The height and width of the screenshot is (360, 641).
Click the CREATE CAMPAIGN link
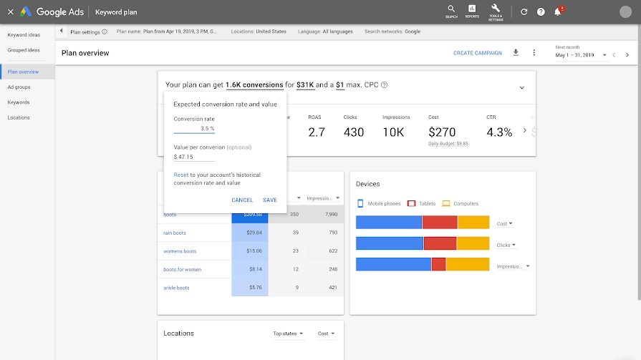pyautogui.click(x=478, y=53)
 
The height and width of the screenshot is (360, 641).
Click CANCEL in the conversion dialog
pyautogui.click(x=242, y=200)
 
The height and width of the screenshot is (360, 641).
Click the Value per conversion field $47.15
pyautogui.click(x=193, y=157)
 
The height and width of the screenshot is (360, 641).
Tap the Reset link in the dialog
pyautogui.click(x=180, y=175)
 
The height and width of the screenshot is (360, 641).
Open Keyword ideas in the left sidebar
pyautogui.click(x=24, y=34)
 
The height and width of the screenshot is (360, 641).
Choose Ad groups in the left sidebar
pyautogui.click(x=19, y=87)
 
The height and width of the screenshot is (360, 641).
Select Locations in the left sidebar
pyautogui.click(x=19, y=117)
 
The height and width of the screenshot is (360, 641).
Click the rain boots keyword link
pyautogui.click(x=175, y=233)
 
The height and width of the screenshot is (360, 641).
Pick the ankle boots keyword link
pyautogui.click(x=176, y=288)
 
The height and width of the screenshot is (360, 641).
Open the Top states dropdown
pyautogui.click(x=288, y=334)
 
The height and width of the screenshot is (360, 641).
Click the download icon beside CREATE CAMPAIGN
pyautogui.click(x=516, y=53)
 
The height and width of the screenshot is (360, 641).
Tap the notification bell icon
pyautogui.click(x=558, y=12)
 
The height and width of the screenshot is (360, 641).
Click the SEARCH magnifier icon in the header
pyautogui.click(x=451, y=9)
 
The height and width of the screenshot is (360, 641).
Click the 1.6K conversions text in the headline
pyautogui.click(x=254, y=85)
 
